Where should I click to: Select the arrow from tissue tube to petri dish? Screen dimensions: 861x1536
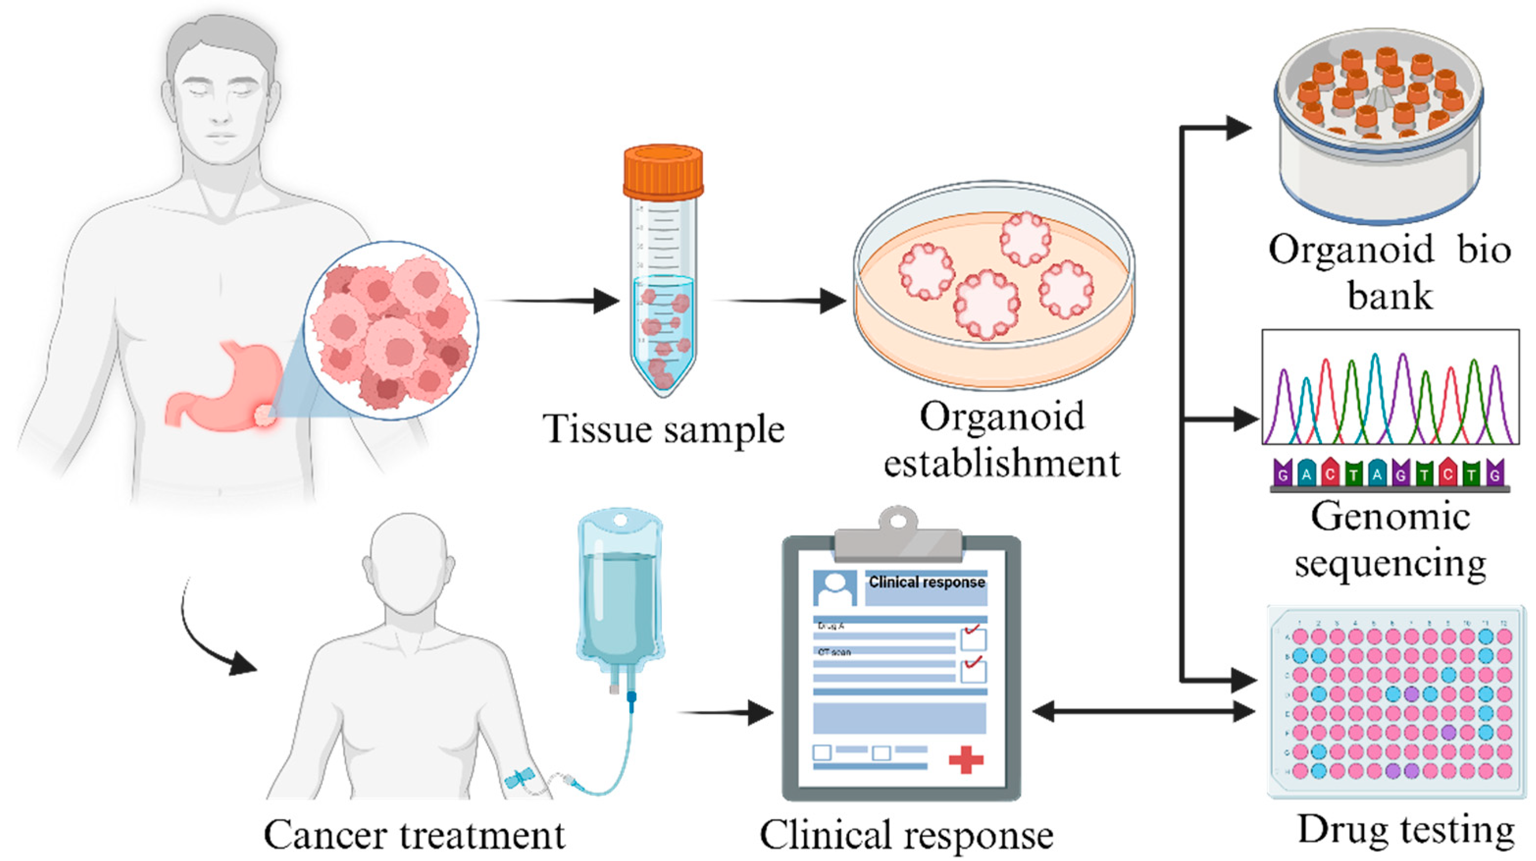pos(781,301)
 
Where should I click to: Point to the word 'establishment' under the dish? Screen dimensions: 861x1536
pos(1002,463)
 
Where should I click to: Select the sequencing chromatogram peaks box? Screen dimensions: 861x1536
pos(1390,387)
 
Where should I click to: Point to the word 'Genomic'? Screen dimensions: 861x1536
pos(1390,516)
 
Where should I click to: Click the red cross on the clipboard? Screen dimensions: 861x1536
pos(966,760)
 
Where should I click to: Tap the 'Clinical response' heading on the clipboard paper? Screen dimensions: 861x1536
pos(927,582)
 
